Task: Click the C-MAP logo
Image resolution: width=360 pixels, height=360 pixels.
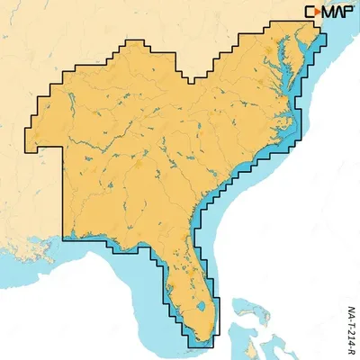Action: [329, 12]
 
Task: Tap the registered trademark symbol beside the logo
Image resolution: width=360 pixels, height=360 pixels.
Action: [355, 7]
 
